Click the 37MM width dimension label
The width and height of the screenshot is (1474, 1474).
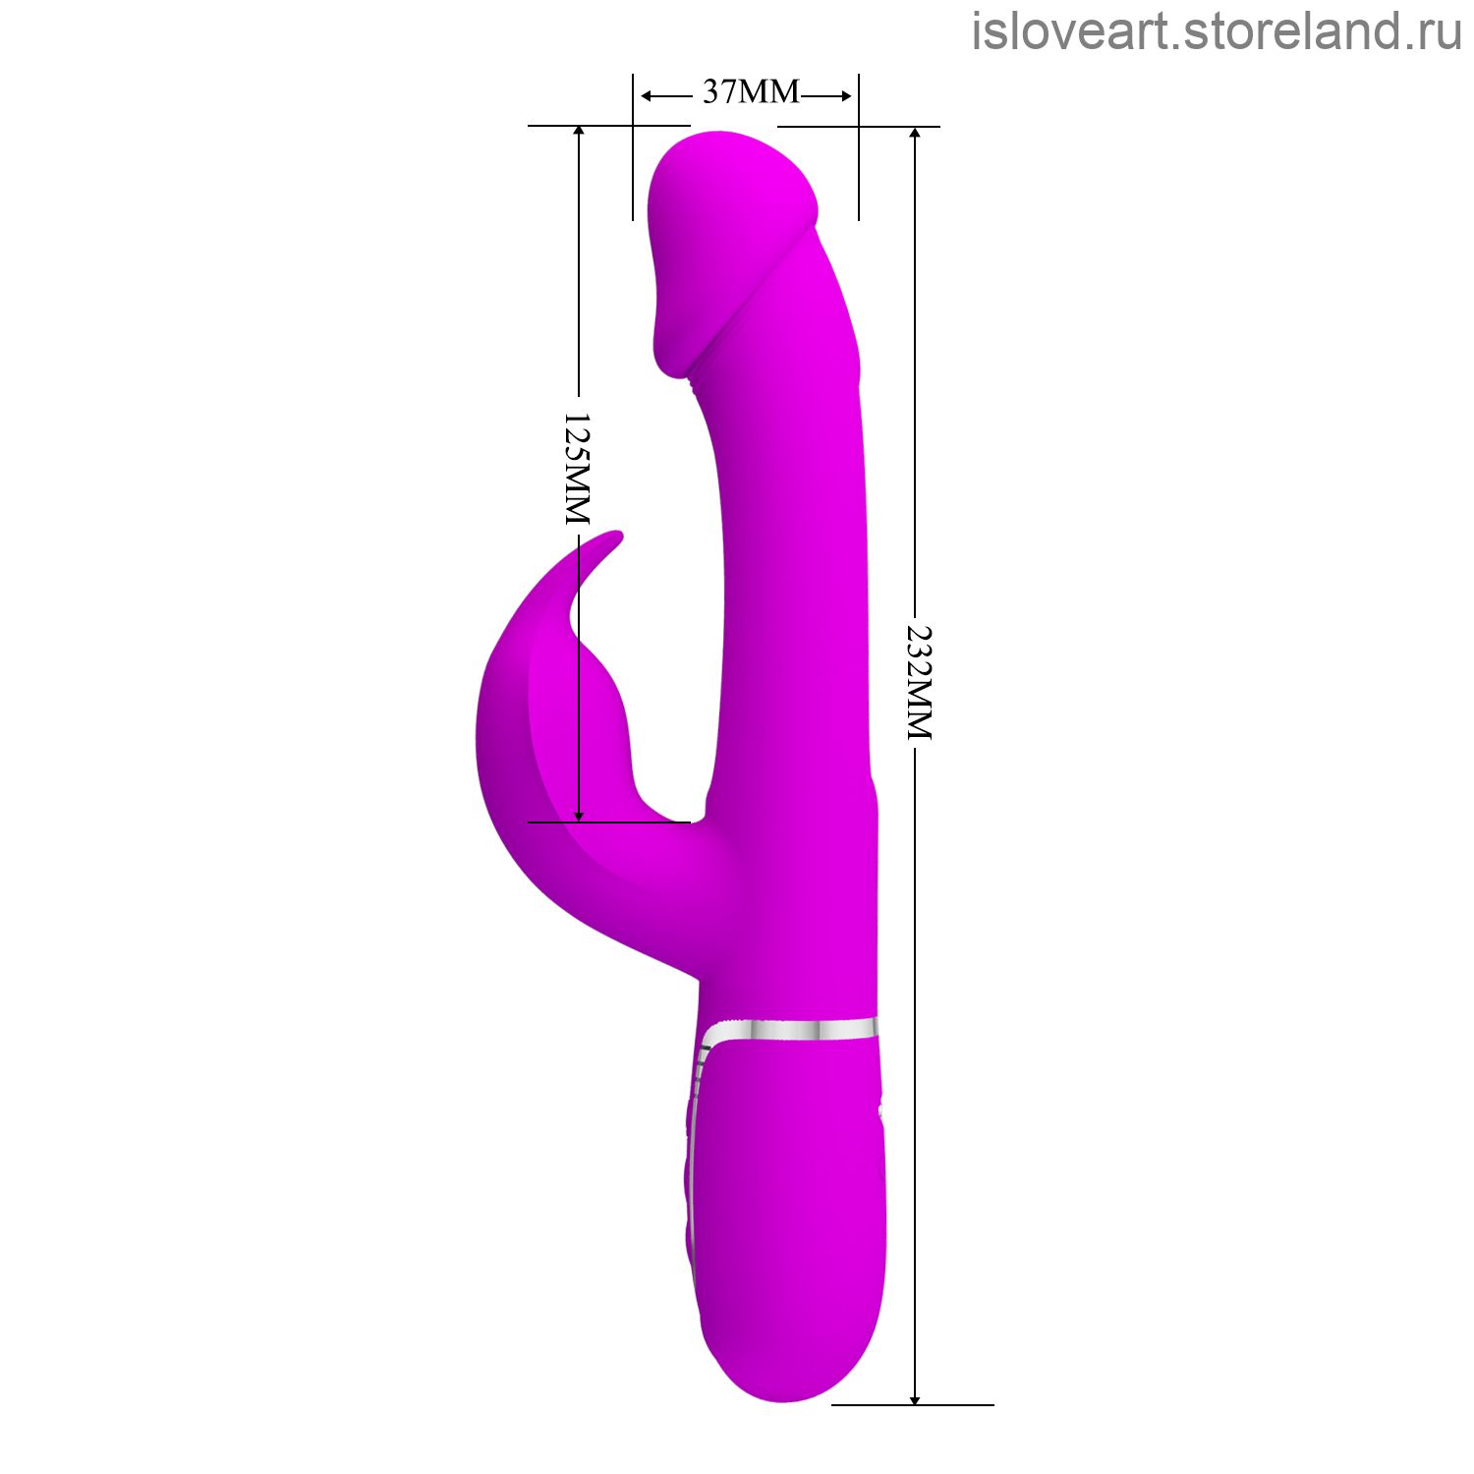pyautogui.click(x=752, y=91)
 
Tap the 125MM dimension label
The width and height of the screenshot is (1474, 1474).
pyautogui.click(x=577, y=468)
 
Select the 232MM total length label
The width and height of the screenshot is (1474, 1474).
pyautogui.click(x=918, y=682)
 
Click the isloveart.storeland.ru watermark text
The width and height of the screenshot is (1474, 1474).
pyautogui.click(x=1217, y=31)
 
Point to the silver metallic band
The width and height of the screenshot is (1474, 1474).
pyautogui.click(x=789, y=1029)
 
